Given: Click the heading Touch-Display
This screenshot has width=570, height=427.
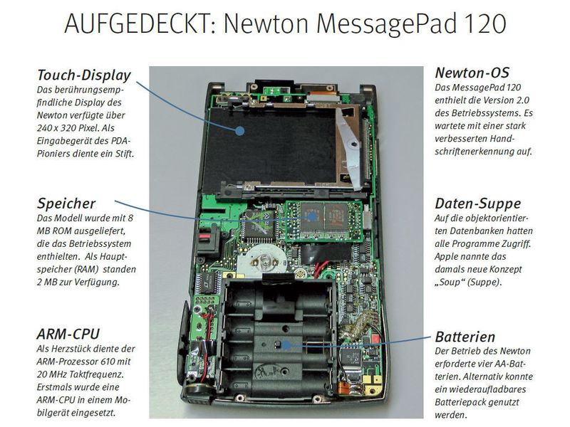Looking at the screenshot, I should [83, 74].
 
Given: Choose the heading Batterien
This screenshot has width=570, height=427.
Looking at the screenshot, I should [465, 337].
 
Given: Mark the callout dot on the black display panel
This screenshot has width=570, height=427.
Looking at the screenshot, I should [240, 130].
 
